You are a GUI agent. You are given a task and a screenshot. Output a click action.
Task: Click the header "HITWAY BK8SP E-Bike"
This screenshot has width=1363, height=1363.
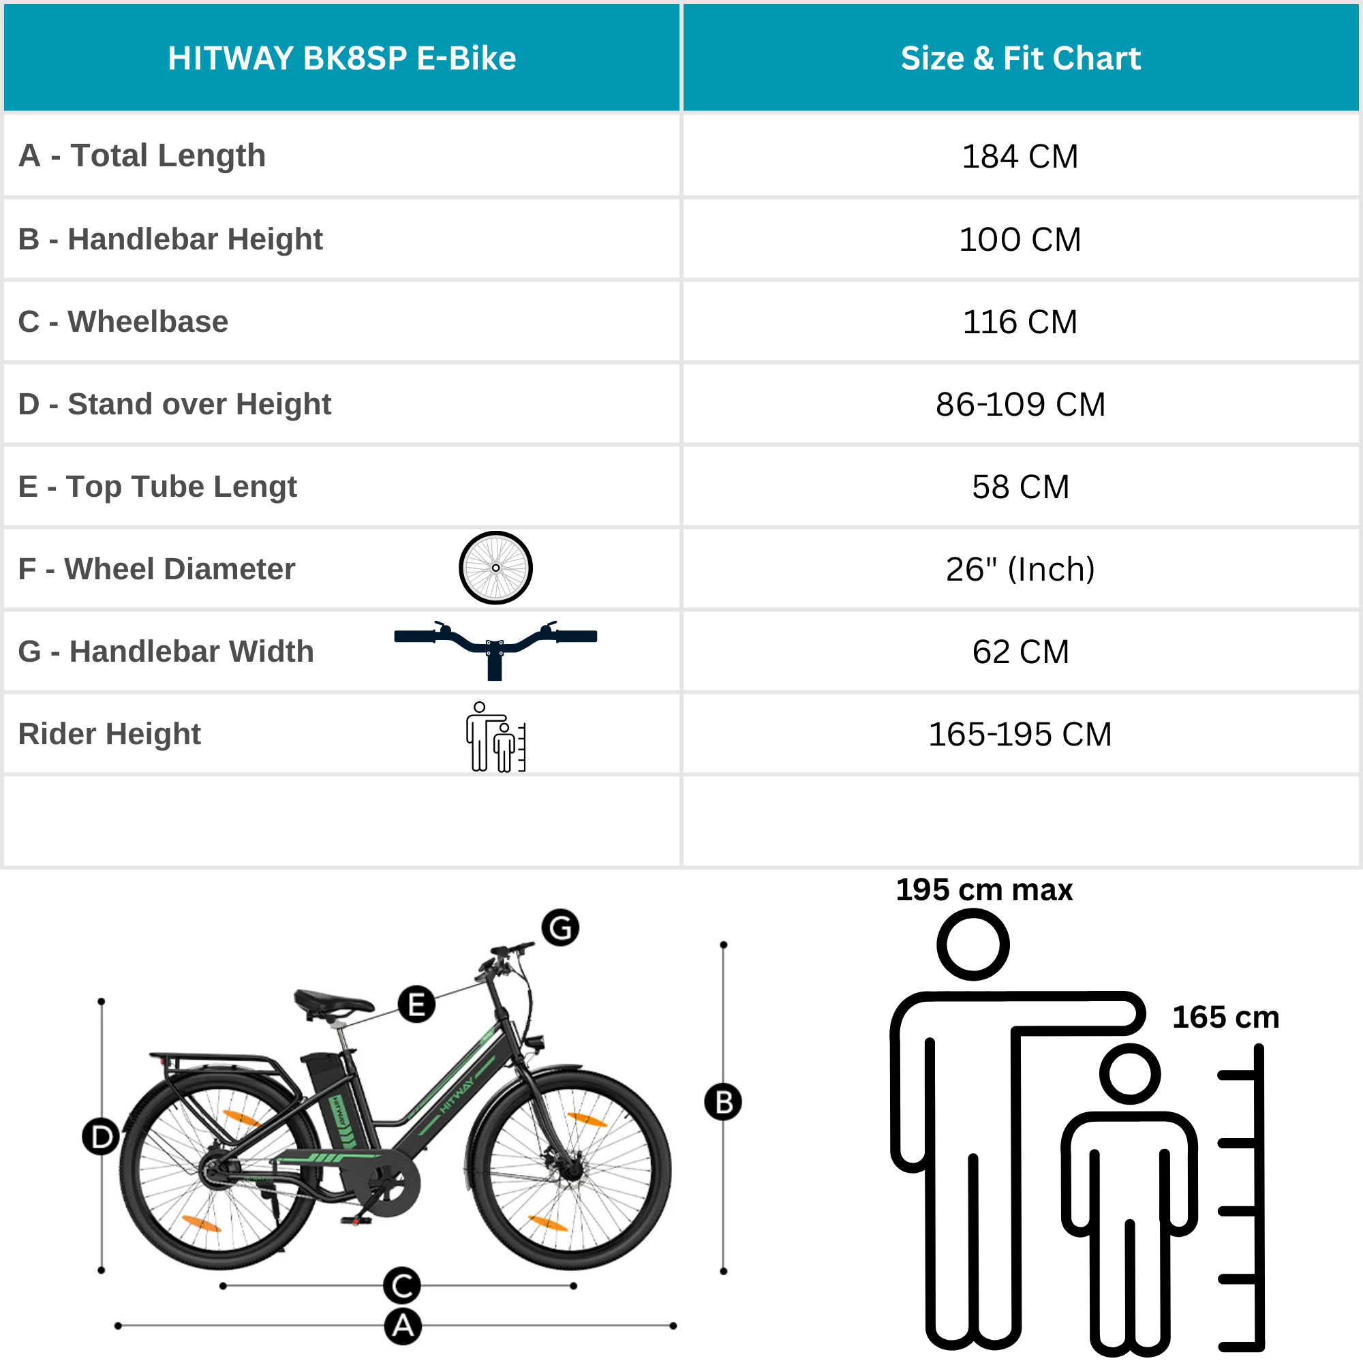341,58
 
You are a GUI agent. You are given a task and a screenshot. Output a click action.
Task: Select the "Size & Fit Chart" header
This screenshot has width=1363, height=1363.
1020,58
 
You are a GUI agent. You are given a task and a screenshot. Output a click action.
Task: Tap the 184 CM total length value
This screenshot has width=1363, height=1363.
1020,156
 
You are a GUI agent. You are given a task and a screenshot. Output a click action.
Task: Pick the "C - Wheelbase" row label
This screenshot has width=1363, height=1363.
123,322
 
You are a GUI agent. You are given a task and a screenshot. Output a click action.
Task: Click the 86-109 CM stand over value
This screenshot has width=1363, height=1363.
1020,404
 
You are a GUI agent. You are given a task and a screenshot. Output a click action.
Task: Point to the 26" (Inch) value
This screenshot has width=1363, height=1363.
1020,569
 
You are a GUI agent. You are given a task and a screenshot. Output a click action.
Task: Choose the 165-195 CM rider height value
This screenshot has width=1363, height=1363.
1020,735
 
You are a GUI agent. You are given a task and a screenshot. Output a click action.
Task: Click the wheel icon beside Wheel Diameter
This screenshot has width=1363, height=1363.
495,568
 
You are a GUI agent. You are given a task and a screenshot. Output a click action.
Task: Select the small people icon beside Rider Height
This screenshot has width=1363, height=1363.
495,737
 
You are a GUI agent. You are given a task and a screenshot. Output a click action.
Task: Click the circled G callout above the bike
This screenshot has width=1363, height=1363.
560,928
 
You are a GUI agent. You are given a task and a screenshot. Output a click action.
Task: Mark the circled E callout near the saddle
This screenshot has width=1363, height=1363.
416,1004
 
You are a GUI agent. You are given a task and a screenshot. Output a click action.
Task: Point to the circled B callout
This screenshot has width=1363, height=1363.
723,1102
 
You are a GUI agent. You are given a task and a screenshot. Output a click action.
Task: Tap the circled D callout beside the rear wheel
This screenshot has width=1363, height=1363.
101,1137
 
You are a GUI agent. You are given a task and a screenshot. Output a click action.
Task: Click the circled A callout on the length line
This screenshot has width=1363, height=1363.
403,1326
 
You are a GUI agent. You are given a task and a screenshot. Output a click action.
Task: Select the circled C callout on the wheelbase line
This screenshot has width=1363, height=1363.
402,1285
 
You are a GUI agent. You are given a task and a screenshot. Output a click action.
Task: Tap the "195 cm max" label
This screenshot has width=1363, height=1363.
984,889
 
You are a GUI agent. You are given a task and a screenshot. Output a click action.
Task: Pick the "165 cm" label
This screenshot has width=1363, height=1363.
1225,1017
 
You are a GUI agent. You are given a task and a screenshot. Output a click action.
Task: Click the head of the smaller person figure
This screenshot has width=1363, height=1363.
1130,1074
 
